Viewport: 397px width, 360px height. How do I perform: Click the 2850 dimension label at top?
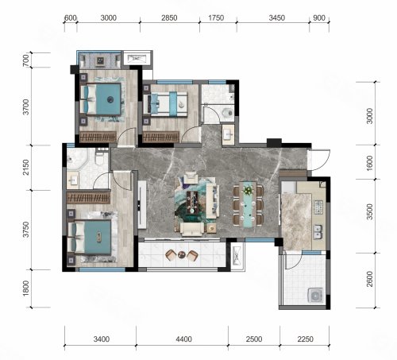(x=169, y=17)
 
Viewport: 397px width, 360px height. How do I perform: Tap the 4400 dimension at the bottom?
(x=183, y=339)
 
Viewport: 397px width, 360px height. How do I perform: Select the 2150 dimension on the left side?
(x=26, y=167)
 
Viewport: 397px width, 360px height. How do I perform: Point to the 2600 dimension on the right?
(x=370, y=279)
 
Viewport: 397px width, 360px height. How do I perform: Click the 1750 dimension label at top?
(x=216, y=17)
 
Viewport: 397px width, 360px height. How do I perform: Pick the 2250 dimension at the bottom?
(x=306, y=339)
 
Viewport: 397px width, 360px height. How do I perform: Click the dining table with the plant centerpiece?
(x=248, y=204)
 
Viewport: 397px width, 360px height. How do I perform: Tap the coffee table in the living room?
(x=192, y=203)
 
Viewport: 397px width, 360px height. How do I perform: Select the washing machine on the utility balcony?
(x=316, y=295)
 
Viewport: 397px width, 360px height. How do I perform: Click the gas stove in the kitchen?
(x=318, y=207)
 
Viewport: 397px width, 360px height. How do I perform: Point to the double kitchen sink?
(x=318, y=232)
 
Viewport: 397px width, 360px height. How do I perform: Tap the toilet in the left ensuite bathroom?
(x=100, y=159)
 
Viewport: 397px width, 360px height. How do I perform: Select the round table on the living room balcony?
(x=182, y=254)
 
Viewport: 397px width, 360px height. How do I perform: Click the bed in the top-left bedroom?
(x=102, y=99)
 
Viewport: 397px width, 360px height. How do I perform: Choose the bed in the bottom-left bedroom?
(x=90, y=238)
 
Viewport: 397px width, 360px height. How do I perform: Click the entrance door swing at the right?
(x=321, y=160)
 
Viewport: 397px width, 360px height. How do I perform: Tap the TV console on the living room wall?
(x=142, y=205)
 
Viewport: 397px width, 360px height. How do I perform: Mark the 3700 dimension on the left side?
(x=26, y=106)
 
